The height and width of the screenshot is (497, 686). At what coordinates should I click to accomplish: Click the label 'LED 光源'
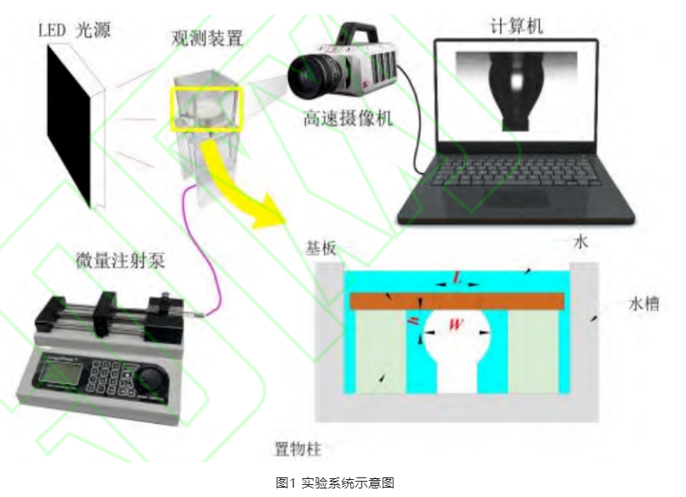(76, 30)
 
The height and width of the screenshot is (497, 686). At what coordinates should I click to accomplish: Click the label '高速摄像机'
(348, 119)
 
